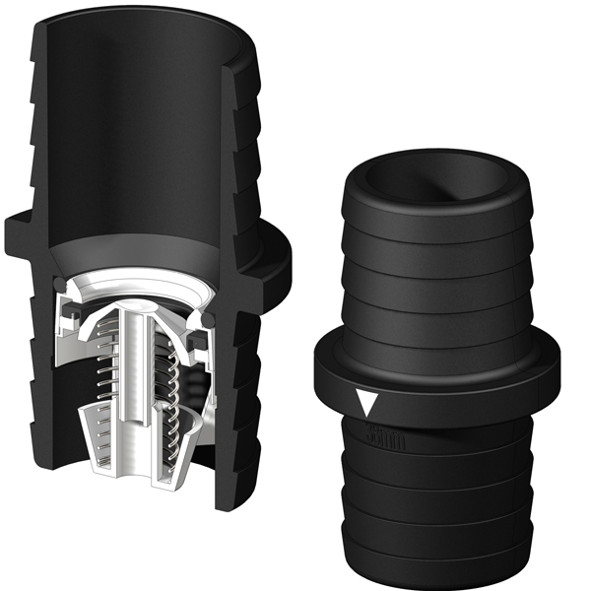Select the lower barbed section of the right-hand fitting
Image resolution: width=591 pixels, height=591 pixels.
tap(438, 492)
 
